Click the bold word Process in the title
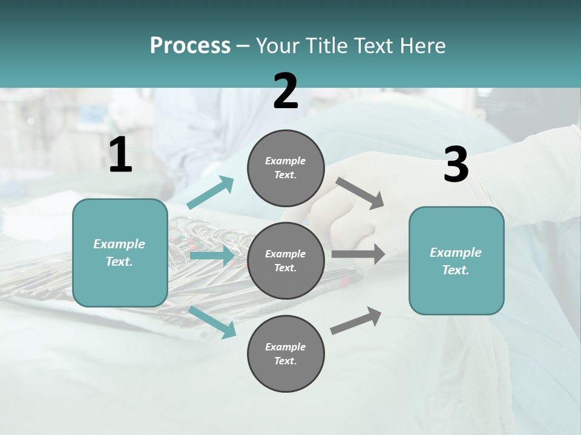[190, 46]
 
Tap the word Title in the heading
[324, 46]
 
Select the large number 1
[120, 155]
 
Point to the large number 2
[286, 91]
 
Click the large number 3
[456, 165]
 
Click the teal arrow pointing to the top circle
[211, 193]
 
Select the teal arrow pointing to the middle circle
[212, 256]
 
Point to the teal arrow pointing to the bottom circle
[212, 321]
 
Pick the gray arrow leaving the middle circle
[358, 254]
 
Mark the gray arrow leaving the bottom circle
[356, 320]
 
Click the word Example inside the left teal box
[119, 244]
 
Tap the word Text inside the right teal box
[456, 270]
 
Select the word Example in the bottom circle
[285, 347]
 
